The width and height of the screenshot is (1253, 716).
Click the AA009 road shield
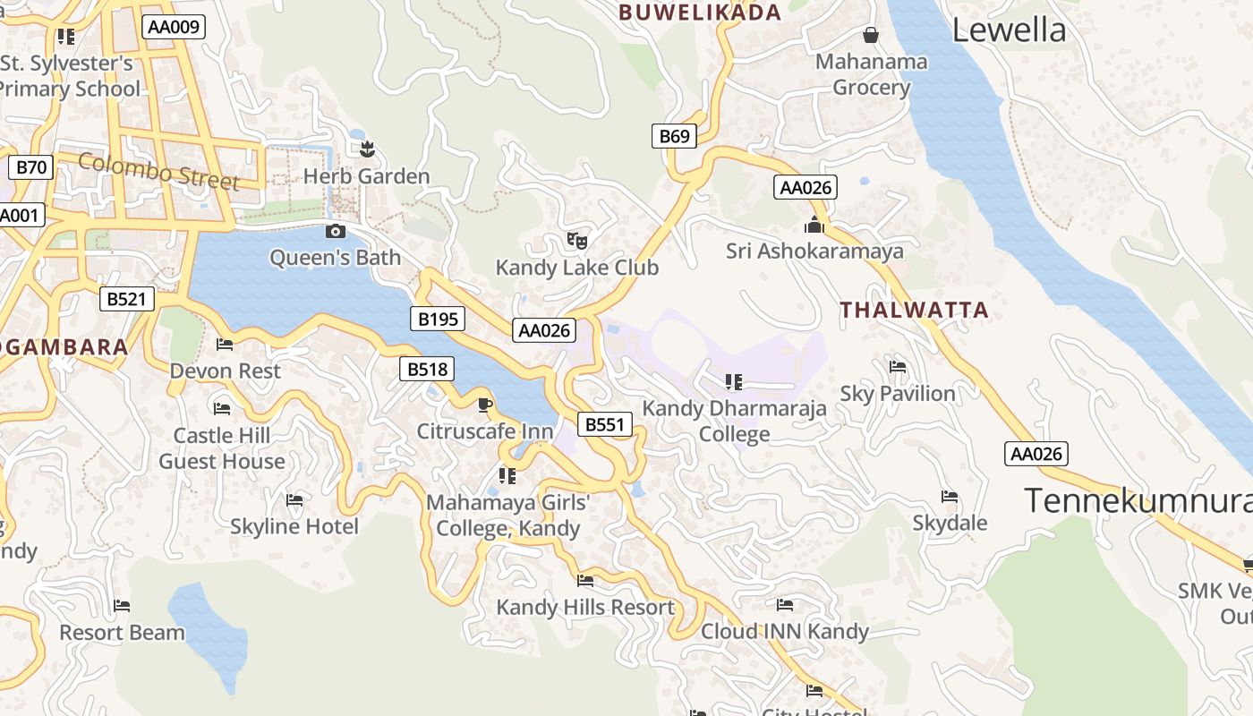[x=174, y=27]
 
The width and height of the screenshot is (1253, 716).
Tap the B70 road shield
[x=31, y=167]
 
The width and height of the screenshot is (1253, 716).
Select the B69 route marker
[x=674, y=136]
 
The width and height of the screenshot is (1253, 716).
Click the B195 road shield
[x=438, y=318]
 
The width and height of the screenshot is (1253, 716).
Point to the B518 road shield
[x=426, y=369]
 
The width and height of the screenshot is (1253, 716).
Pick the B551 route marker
[x=605, y=424]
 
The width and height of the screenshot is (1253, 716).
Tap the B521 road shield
[x=126, y=299]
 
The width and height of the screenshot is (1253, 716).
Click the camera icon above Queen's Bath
[x=336, y=232]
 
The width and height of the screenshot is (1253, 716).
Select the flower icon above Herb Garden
[x=366, y=149]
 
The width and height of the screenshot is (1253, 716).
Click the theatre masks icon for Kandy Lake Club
[x=577, y=240]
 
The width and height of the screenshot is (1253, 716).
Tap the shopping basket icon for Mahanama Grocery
[x=870, y=35]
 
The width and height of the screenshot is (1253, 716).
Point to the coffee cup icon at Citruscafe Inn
[x=484, y=405]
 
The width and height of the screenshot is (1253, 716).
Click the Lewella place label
[x=1009, y=30]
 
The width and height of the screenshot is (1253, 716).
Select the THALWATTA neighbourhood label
[x=914, y=311]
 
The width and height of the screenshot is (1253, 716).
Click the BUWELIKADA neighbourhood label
[x=700, y=13]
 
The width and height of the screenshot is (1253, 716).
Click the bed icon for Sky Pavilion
[x=898, y=367]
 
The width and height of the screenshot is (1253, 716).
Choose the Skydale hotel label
[x=950, y=523]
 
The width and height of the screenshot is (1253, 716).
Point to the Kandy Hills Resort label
[x=585, y=607]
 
